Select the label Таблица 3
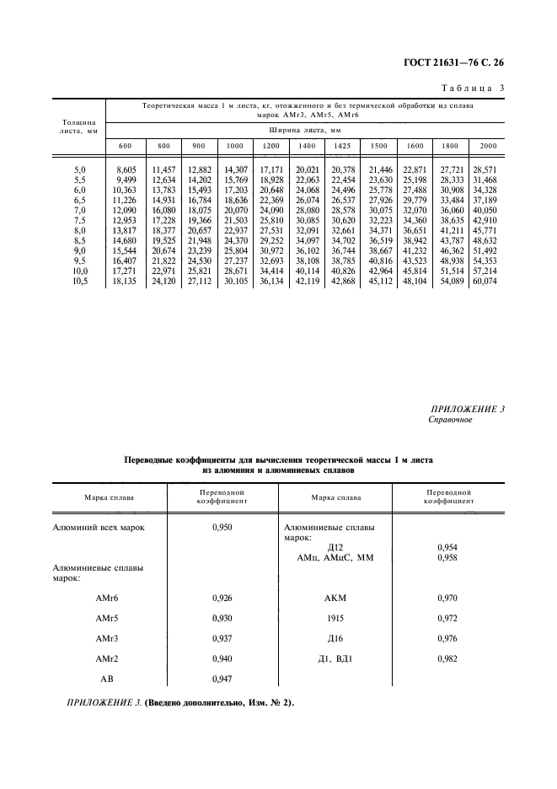(473, 88)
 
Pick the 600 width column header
(125, 146)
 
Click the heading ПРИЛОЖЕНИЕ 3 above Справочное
(466, 410)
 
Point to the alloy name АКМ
(335, 598)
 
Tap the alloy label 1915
(335, 619)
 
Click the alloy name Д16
(335, 639)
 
